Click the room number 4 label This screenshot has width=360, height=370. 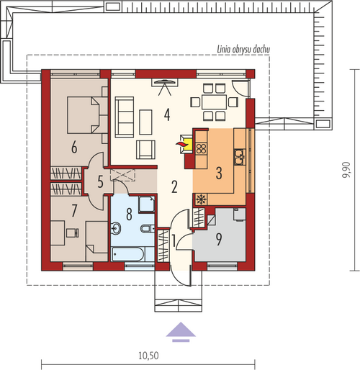[x=167, y=114]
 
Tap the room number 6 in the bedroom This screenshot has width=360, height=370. [x=74, y=147]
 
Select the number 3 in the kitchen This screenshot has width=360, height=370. [x=219, y=173]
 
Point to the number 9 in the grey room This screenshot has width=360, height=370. [x=219, y=239]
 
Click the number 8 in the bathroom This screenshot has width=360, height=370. [x=129, y=215]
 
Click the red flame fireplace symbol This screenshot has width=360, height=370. [x=181, y=144]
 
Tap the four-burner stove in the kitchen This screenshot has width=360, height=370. [x=202, y=148]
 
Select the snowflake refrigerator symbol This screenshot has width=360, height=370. [x=199, y=199]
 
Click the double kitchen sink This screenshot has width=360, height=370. [x=239, y=157]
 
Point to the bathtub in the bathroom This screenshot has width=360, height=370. [x=128, y=254]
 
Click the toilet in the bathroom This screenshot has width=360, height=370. [x=148, y=228]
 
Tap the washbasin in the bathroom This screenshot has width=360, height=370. [x=116, y=228]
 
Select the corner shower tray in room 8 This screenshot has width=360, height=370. [x=147, y=204]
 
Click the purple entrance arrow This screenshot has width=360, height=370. [x=181, y=332]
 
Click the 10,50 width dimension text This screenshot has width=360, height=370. [x=148, y=356]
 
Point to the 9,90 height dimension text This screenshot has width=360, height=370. [x=347, y=170]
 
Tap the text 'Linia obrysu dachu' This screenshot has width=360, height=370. [x=243, y=50]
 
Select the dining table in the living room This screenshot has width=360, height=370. [x=215, y=102]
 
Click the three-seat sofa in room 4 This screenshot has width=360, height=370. [x=125, y=117]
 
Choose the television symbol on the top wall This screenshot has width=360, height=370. [x=165, y=82]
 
